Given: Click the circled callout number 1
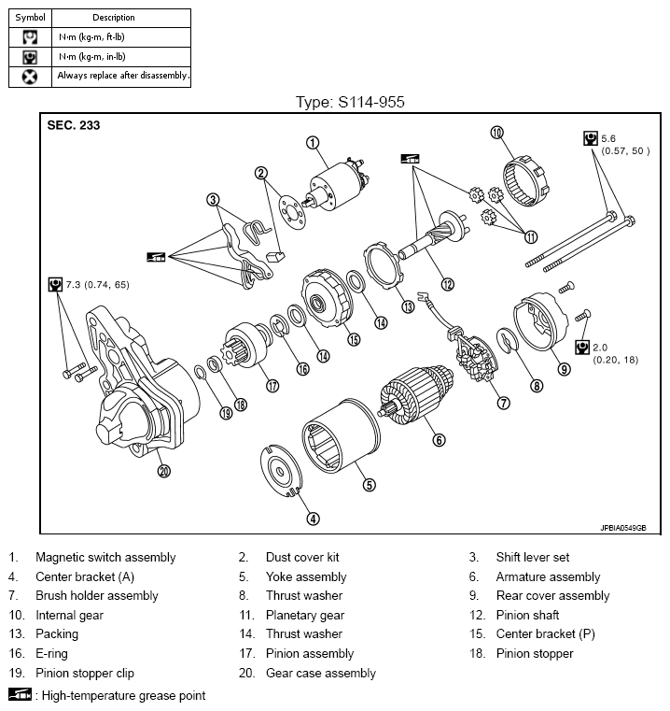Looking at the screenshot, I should click(x=313, y=143).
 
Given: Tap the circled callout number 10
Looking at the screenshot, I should click(x=496, y=133).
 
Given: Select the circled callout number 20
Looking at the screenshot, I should click(x=164, y=471).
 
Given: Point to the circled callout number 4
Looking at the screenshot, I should click(x=314, y=519).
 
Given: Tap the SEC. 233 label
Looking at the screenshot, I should click(x=74, y=124).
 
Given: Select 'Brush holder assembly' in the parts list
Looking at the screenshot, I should click(x=97, y=596).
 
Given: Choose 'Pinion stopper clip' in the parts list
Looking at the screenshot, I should click(x=85, y=673).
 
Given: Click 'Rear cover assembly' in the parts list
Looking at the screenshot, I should click(x=552, y=596).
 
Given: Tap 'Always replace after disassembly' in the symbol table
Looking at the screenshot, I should click(x=122, y=76).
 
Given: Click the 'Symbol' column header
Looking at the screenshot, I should click(x=29, y=17).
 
